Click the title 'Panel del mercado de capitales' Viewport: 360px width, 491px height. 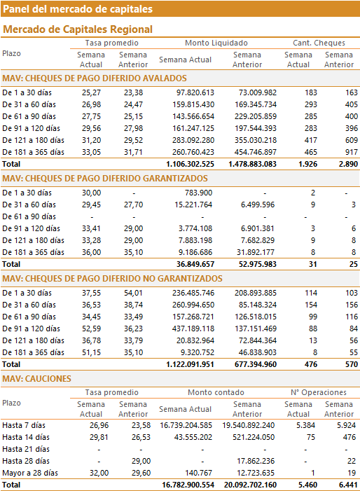click(78, 9)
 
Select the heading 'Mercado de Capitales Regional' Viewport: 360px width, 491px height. click(78, 29)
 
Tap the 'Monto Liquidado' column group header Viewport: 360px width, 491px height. click(216, 43)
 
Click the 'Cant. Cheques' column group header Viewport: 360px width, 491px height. click(319, 43)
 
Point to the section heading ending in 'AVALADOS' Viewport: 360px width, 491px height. click(95, 78)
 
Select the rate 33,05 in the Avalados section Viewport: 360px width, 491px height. click(92, 152)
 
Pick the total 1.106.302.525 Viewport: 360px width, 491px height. click(190, 164)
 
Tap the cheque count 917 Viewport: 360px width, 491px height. click(351, 152)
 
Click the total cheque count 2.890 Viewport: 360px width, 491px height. click(348, 164)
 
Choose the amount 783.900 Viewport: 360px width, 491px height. click(198, 193)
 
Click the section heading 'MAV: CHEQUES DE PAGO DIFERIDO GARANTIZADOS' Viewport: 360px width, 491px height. click(105, 179)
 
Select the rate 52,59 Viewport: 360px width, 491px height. click(92, 329)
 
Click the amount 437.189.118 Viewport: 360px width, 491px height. click(193, 329)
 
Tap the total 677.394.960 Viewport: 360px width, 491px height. click(256, 364)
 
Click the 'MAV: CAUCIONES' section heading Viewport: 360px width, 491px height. click(36, 379)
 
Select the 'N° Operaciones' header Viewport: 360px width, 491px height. click(319, 392)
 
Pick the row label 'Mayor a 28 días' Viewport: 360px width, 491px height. click(30, 473)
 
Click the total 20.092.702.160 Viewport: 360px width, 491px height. click(250, 485)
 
